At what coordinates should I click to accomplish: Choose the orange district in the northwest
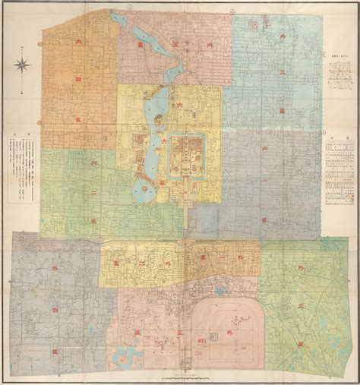coord(76,84)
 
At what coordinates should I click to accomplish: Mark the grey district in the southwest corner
coord(53,296)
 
